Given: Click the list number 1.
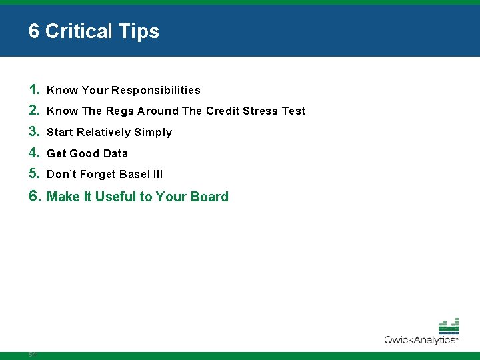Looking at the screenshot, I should coord(35,89).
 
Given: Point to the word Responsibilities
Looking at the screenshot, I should coord(156,90).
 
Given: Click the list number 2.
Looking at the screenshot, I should coord(35,111).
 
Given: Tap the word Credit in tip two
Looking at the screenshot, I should coord(223,111).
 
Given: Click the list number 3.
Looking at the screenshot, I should coord(35,132).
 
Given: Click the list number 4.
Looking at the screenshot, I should coord(35,153).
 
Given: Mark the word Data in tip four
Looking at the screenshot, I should coord(115,154).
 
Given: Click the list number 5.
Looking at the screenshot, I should coord(35,174).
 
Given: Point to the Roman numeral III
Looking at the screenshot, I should coord(158,175).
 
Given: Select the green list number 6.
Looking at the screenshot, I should coord(35,196).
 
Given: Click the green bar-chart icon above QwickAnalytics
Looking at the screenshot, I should coord(449,326).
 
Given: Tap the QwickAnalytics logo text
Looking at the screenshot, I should coord(420,340).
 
